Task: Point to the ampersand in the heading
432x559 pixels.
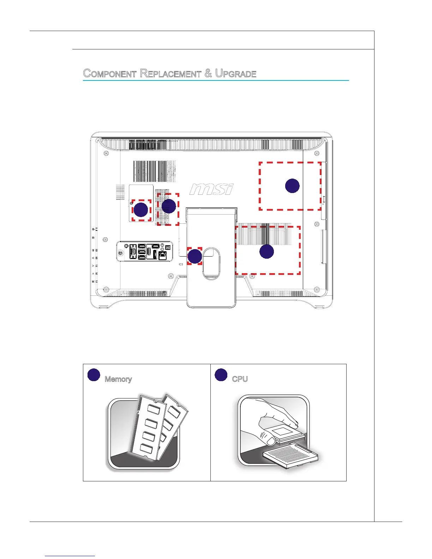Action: tap(208, 73)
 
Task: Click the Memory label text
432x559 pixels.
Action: tap(118, 379)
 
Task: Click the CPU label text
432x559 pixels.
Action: tap(240, 379)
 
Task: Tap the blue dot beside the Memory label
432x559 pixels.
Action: tap(94, 375)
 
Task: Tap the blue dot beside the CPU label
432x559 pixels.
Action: tap(221, 375)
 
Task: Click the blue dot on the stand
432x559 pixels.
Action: tap(194, 256)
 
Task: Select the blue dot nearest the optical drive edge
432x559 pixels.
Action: tap(292, 186)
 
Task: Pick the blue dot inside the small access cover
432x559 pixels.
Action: tap(141, 210)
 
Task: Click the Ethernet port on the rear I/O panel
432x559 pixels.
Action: tap(163, 256)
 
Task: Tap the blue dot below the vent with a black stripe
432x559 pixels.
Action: tap(267, 252)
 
